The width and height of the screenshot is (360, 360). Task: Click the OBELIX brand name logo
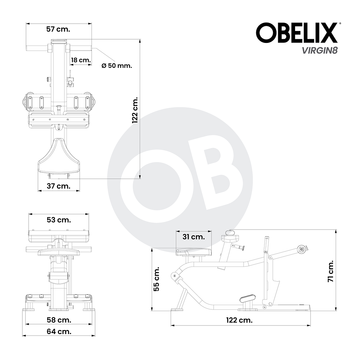click(297, 33)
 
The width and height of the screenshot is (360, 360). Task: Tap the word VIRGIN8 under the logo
click(320, 50)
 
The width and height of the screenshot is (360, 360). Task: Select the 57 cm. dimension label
click(58, 29)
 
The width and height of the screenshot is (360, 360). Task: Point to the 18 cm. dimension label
click(81, 60)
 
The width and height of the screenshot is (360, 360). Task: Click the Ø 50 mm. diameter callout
click(117, 66)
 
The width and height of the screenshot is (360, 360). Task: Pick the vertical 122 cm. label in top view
click(135, 110)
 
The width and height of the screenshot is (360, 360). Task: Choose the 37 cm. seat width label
click(59, 186)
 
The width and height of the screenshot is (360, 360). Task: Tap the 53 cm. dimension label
click(59, 220)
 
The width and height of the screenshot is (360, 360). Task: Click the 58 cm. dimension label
click(59, 320)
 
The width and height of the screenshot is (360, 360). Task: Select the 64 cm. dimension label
click(59, 331)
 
